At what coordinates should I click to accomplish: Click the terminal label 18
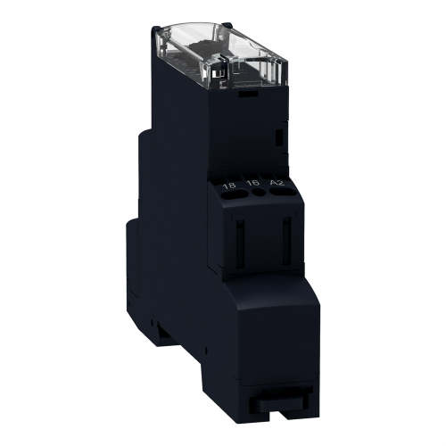coord(229,186)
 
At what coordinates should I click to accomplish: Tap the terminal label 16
coord(253,183)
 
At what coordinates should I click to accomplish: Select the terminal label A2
coord(277,182)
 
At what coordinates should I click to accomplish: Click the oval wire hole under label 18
coord(235,194)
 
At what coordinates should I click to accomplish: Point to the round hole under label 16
coord(259,193)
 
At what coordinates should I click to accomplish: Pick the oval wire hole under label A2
coord(283,192)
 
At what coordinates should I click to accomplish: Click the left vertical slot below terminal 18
coord(240,244)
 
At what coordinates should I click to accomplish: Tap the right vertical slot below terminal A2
coord(286,242)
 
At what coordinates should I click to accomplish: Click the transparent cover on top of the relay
coord(220,55)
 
